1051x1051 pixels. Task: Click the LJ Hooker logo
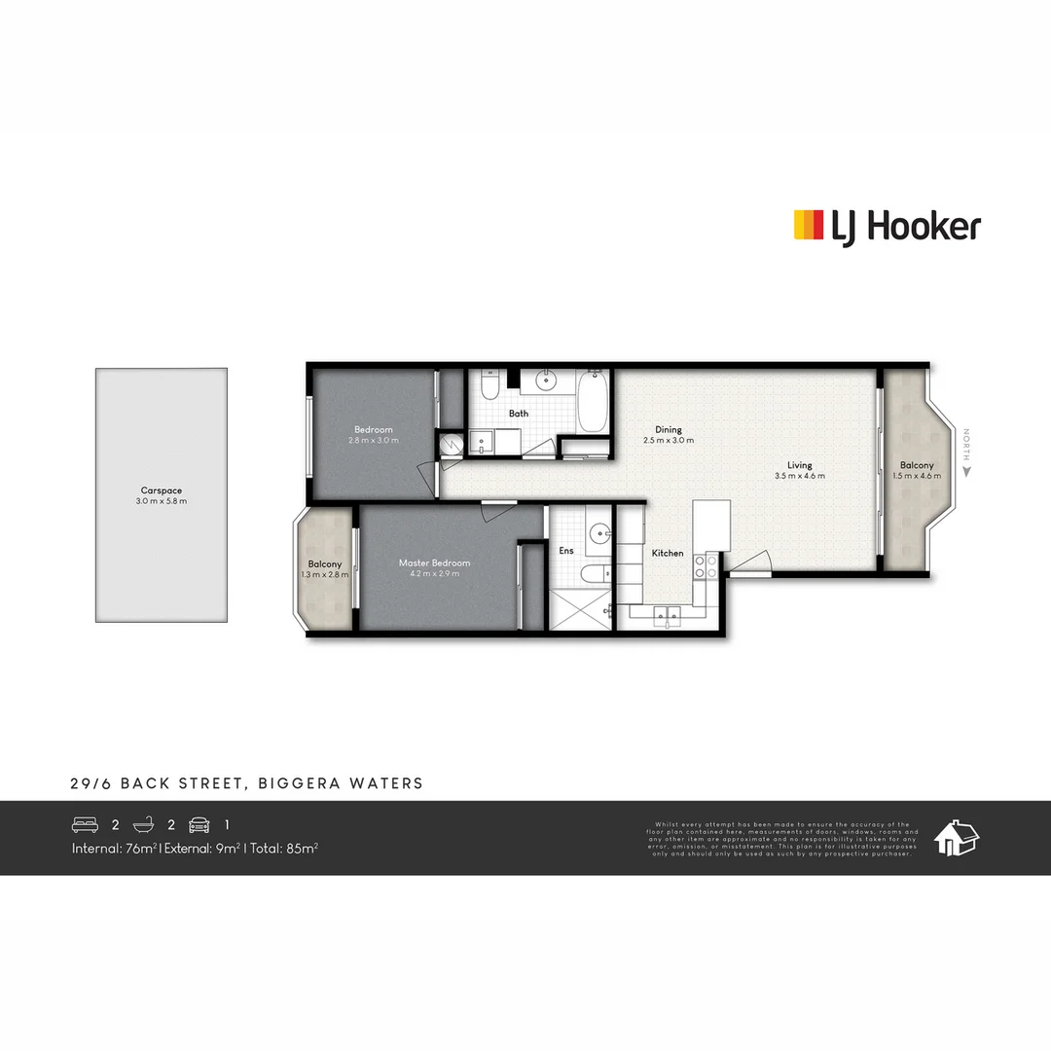click(887, 227)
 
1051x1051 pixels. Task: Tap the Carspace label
click(162, 491)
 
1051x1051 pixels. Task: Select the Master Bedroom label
click(434, 562)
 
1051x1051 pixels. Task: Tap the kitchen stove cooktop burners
click(704, 567)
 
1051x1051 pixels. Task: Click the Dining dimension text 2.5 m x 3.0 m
click(669, 441)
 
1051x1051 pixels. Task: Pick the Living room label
click(800, 465)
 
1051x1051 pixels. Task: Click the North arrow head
click(966, 471)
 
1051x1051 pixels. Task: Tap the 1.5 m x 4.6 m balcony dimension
click(917, 476)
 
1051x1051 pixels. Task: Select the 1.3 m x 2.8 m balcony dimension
click(325, 575)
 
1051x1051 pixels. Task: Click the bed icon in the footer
click(86, 825)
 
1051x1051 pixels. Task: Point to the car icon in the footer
click(199, 825)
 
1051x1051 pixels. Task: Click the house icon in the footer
click(956, 837)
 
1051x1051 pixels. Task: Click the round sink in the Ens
click(598, 532)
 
